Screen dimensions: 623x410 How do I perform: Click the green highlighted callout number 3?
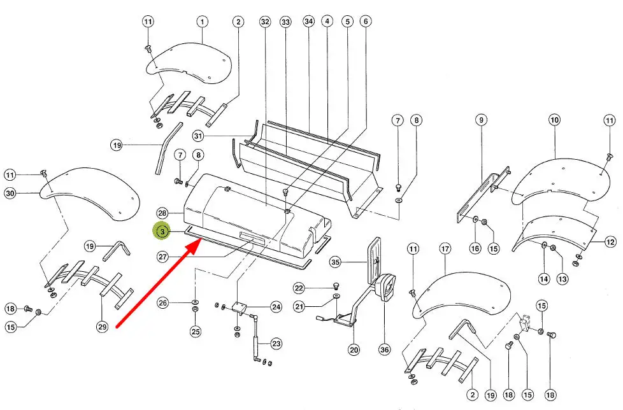pos(162,231)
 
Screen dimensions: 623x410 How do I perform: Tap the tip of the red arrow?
pos(200,241)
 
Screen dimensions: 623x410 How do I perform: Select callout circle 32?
pos(265,22)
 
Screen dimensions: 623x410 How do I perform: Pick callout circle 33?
pos(285,22)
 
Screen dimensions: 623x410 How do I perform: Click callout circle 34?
pos(309,21)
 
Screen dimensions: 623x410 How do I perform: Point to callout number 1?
pos(202,21)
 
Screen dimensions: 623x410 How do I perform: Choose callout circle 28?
pos(162,213)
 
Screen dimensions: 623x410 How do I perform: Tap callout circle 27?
pos(163,257)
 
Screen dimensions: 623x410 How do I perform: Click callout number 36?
pos(385,350)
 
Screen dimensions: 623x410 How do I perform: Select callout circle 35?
pos(336,262)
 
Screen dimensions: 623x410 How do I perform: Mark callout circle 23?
pos(276,343)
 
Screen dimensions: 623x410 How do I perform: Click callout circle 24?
pos(276,307)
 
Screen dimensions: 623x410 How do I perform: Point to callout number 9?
pos(481,120)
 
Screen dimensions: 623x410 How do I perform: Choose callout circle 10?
pos(555,120)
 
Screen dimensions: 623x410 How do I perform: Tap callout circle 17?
pos(445,249)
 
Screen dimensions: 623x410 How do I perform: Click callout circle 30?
pos(10,194)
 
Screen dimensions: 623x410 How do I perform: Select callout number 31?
pos(198,136)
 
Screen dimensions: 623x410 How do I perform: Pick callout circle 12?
pos(611,241)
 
